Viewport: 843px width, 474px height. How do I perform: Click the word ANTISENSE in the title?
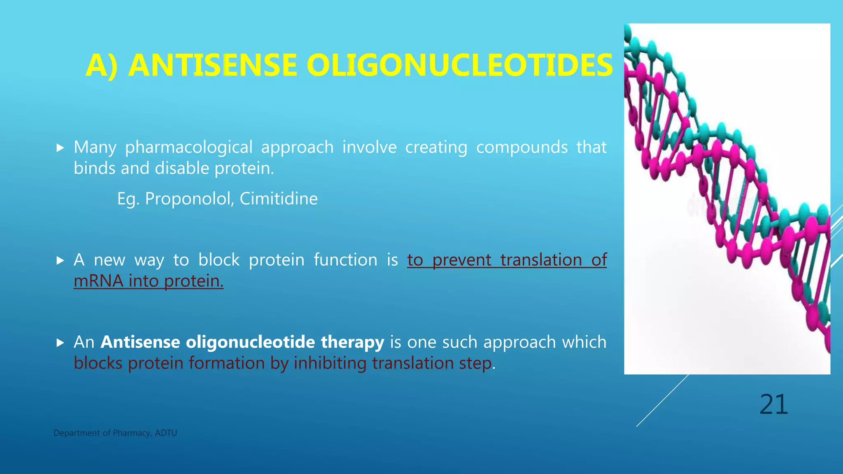212,65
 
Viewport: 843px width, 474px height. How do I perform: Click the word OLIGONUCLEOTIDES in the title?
460,65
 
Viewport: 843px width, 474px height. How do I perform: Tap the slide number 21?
773,405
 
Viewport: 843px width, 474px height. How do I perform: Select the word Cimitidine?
279,199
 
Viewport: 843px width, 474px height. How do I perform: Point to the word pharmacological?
189,148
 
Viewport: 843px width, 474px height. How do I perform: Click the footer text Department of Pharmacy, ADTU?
115,433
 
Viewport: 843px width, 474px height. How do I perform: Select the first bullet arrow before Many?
60,148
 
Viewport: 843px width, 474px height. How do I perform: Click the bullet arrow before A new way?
60,260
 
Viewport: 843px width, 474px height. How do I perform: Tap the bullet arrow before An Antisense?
60,343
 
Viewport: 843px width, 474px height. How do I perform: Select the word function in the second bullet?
345,260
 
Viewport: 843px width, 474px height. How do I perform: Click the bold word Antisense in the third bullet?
140,342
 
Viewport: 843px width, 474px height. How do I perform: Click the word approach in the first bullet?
297,148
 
